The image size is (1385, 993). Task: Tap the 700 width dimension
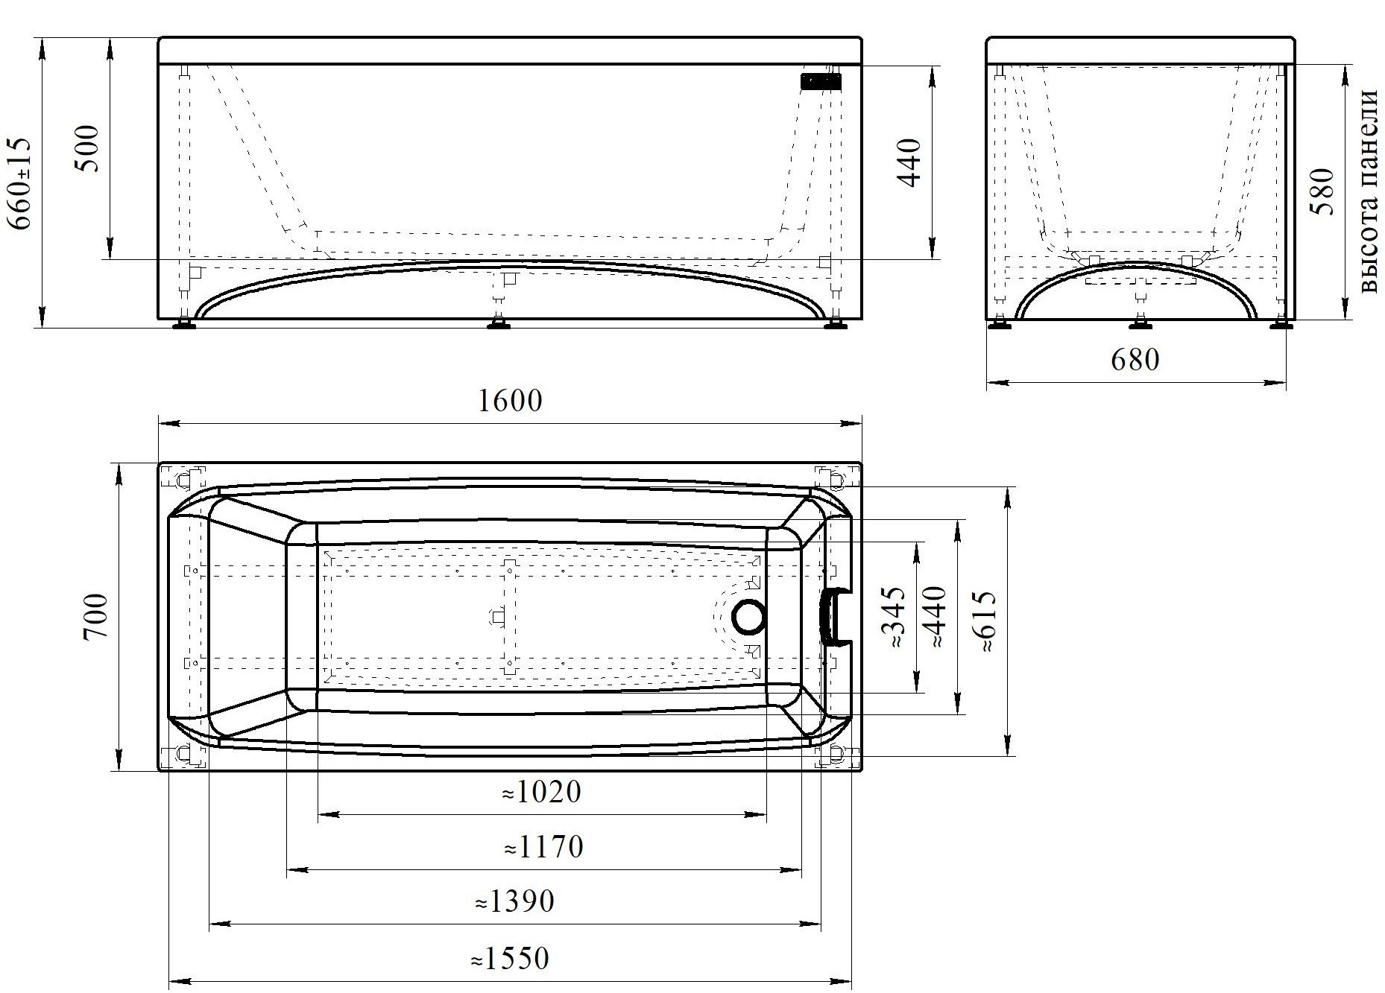tap(96, 617)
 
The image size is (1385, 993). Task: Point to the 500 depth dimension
tap(89, 147)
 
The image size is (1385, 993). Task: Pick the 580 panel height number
tap(1322, 192)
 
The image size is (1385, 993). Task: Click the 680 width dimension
tap(1135, 360)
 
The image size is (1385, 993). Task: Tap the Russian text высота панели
tap(1369, 191)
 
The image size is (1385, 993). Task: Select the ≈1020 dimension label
tap(541, 792)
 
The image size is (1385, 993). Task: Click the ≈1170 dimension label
tap(543, 847)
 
